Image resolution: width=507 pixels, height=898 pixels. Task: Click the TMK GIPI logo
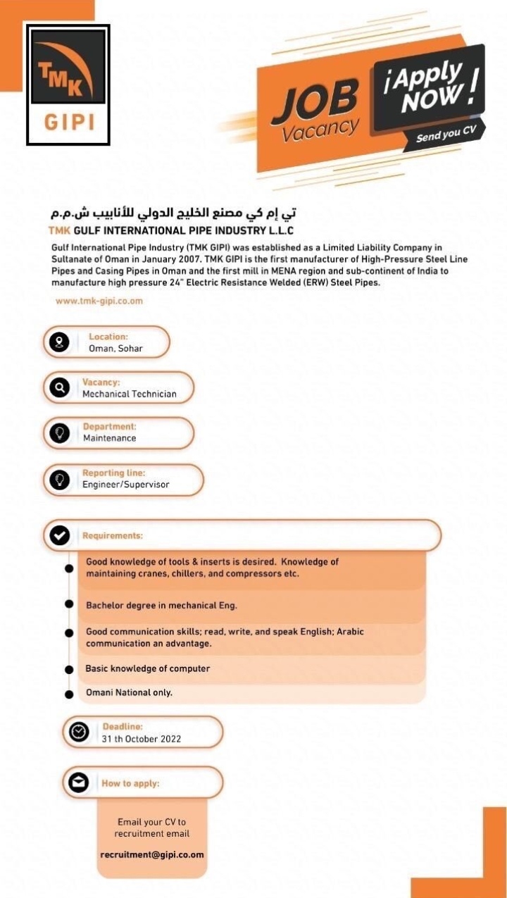[68, 85]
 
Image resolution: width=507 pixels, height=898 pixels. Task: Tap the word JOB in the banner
[315, 101]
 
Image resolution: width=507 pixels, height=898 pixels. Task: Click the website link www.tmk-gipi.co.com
[99, 301]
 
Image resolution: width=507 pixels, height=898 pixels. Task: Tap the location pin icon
[58, 342]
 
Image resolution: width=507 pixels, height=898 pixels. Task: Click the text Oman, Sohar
[115, 349]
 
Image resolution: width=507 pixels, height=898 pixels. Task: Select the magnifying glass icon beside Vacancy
[59, 388]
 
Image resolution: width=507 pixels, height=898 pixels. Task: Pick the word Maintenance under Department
[110, 438]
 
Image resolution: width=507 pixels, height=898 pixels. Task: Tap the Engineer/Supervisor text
[126, 485]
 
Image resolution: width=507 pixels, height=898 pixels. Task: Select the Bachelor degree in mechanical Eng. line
[161, 605]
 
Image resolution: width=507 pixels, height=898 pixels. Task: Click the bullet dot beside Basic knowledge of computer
[69, 670]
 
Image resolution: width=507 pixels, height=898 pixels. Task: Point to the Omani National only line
[129, 692]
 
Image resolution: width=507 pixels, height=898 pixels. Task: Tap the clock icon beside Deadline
[78, 732]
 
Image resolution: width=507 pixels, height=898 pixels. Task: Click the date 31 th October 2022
[142, 739]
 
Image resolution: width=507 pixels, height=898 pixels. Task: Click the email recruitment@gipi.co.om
[152, 855]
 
